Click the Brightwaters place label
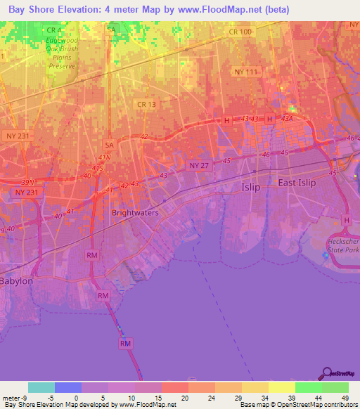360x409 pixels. pyautogui.click(x=136, y=212)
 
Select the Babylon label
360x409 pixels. pyautogui.click(x=17, y=281)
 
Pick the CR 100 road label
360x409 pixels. pyautogui.click(x=240, y=33)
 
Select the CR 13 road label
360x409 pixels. pyautogui.click(x=146, y=104)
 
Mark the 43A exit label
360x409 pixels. pyautogui.click(x=287, y=119)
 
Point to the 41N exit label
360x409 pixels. pyautogui.click(x=105, y=157)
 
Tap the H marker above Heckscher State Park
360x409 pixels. pyautogui.click(x=346, y=220)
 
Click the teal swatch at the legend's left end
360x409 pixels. pyautogui.click(x=41, y=387)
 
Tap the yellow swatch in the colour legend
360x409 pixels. pyautogui.click(x=282, y=387)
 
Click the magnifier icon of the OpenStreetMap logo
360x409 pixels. pyautogui.click(x=326, y=375)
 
